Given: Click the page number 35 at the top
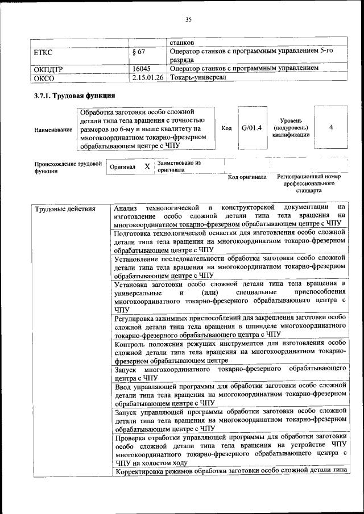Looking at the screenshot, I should coord(188,20).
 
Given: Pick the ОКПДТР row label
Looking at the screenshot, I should coord(49,69).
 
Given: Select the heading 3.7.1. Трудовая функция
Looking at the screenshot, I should coord(75,95).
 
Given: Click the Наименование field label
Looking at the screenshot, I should coord(53,129).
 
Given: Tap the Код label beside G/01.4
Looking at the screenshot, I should coord(226,128).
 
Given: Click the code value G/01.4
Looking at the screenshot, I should coord(251,128).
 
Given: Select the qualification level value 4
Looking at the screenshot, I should coord(331,128).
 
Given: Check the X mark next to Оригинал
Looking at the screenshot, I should coord(147,166).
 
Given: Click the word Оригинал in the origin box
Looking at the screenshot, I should coord(122,167).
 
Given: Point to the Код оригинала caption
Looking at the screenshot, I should coord(247,177).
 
